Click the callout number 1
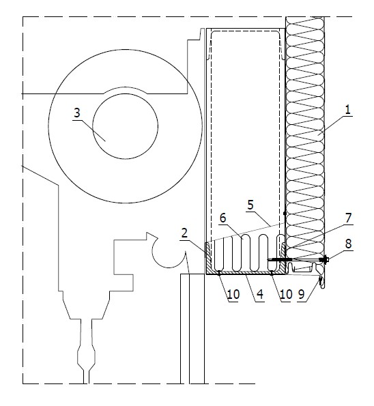(347, 110)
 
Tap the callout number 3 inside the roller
(77, 113)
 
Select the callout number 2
(184, 233)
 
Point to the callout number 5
(250, 205)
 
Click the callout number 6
(222, 218)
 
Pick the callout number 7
(348, 218)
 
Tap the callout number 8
(348, 244)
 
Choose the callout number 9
(301, 294)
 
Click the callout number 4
(259, 294)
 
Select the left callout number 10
(233, 294)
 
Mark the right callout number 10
(286, 294)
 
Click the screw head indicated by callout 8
(324, 259)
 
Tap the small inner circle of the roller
(126, 126)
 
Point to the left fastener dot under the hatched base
(219, 272)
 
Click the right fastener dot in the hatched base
(271, 272)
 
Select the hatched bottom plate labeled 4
(246, 272)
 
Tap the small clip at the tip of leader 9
(321, 282)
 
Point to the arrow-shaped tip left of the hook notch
(152, 235)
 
